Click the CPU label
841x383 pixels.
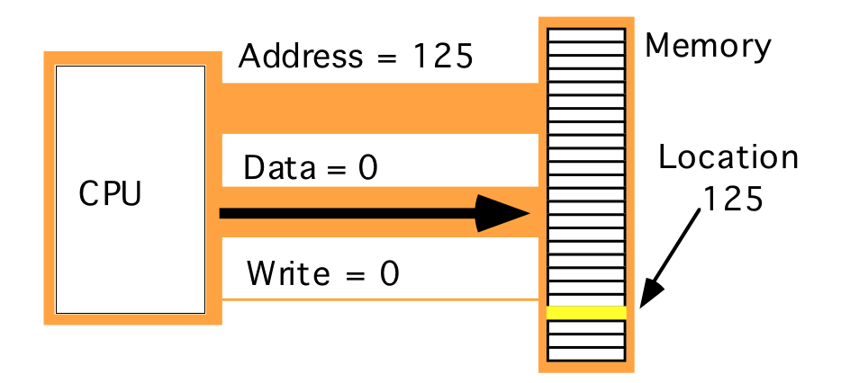tap(110, 193)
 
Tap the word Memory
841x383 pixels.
tap(708, 46)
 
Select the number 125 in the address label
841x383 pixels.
tap(442, 58)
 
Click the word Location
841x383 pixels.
tap(728, 158)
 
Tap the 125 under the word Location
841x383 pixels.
tap(732, 198)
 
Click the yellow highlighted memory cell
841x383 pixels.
tap(586, 312)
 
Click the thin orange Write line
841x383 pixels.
tap(378, 298)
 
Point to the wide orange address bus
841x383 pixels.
tap(378, 108)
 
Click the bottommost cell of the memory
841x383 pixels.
tap(586, 354)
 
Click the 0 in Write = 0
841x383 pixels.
tap(388, 272)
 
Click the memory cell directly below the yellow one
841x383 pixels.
tap(586, 326)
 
